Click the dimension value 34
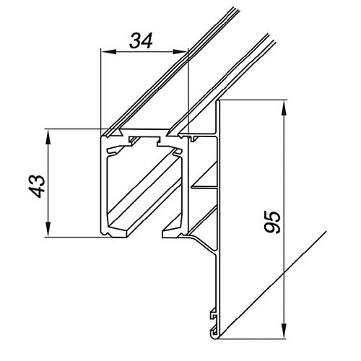pos(141,40)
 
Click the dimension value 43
pos(38,186)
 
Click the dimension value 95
pos(272,222)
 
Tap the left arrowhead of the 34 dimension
pos(108,51)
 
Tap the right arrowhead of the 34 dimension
pos(180,51)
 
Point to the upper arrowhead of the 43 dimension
pos(48,136)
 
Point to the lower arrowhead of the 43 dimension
pos(48,230)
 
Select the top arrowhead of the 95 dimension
pos(284,108)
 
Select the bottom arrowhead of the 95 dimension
pos(284,331)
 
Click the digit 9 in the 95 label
pos(272,227)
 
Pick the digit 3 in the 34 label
pos(135,40)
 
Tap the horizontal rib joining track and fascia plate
pos(204,186)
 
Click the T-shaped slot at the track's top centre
pos(144,140)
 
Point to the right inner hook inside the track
pos(176,152)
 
